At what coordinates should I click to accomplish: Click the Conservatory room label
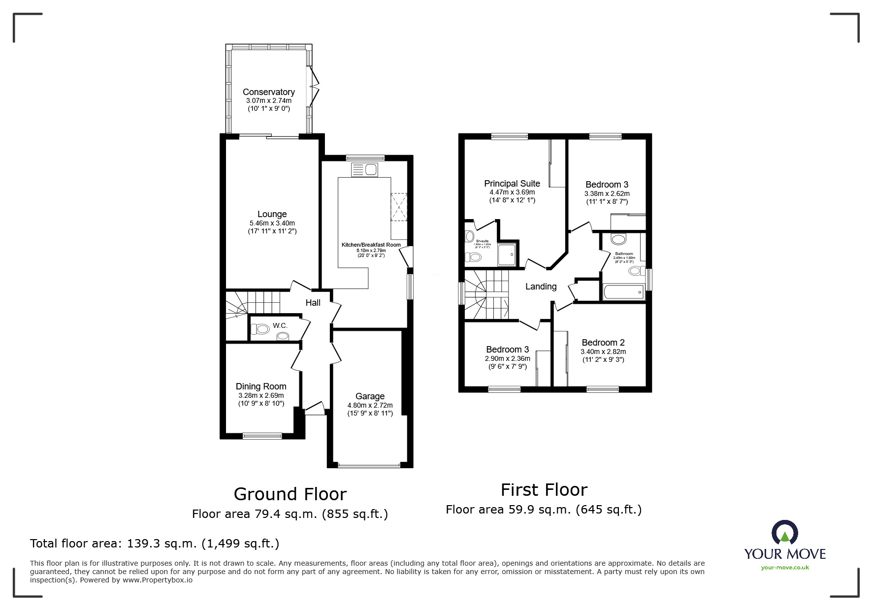point(268,92)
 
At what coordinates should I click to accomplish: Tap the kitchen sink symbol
point(364,170)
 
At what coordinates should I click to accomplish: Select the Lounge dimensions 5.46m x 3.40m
point(272,223)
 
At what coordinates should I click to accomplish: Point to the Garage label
point(370,396)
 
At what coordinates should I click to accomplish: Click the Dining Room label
point(261,386)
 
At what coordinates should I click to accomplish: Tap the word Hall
point(313,303)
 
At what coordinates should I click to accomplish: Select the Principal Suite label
point(512,184)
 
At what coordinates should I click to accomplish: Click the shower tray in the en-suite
point(508,254)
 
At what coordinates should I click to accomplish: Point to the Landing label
point(541,287)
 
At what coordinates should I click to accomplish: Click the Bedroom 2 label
point(603,343)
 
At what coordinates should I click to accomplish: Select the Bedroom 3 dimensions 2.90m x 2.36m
point(507,359)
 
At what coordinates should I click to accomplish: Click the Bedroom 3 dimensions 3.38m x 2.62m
point(607,193)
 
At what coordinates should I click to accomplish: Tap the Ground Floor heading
point(290,494)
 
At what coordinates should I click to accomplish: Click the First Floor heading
point(544,490)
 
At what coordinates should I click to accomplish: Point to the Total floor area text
point(155,544)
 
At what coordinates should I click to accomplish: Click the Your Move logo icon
point(784,533)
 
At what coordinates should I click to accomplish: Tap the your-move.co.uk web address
point(785,567)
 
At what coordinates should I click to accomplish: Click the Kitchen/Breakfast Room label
point(371,245)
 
